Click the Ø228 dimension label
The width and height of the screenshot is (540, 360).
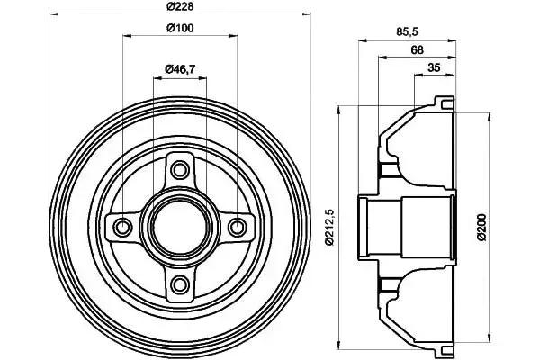click(x=181, y=8)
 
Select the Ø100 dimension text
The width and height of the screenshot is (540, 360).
click(x=181, y=29)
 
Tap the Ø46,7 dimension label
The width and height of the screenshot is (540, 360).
click(x=181, y=69)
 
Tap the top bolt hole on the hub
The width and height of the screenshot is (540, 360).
click(x=181, y=168)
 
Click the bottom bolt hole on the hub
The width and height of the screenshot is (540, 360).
click(x=181, y=284)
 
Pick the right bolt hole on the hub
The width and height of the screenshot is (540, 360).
click(x=238, y=226)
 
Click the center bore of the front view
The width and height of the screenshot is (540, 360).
click(x=181, y=226)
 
